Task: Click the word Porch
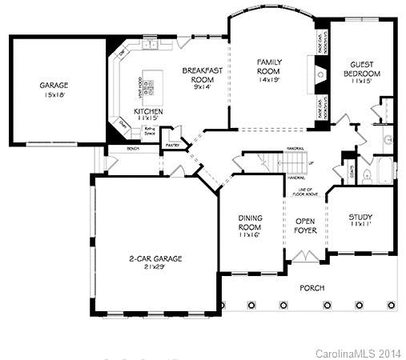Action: pyautogui.click(x=312, y=286)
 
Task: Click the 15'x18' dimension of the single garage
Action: pyautogui.click(x=54, y=94)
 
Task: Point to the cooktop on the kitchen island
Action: pyautogui.click(x=151, y=81)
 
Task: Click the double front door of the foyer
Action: pyautogui.click(x=305, y=256)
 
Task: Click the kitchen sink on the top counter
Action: pyautogui.click(x=123, y=54)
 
